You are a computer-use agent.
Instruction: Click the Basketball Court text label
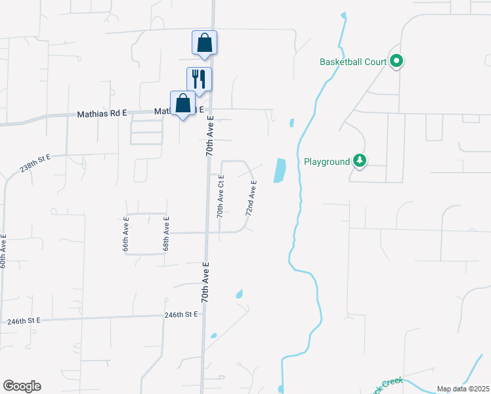click(x=352, y=62)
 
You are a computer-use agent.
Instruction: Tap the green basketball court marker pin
click(x=396, y=62)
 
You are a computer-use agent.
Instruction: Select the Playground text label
click(x=327, y=162)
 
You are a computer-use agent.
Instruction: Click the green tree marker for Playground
click(x=359, y=160)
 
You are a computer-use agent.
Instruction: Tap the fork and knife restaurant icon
click(x=199, y=79)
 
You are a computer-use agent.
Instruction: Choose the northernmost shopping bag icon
click(x=204, y=43)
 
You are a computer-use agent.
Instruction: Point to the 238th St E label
click(x=35, y=164)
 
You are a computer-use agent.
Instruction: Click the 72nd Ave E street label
click(x=251, y=199)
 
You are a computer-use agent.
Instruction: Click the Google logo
click(x=22, y=386)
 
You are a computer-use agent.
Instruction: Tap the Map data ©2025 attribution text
click(x=463, y=389)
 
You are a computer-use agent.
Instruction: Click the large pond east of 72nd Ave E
click(x=280, y=171)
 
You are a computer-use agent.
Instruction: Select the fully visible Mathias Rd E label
click(x=102, y=113)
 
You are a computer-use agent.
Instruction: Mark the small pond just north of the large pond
click(x=291, y=122)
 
